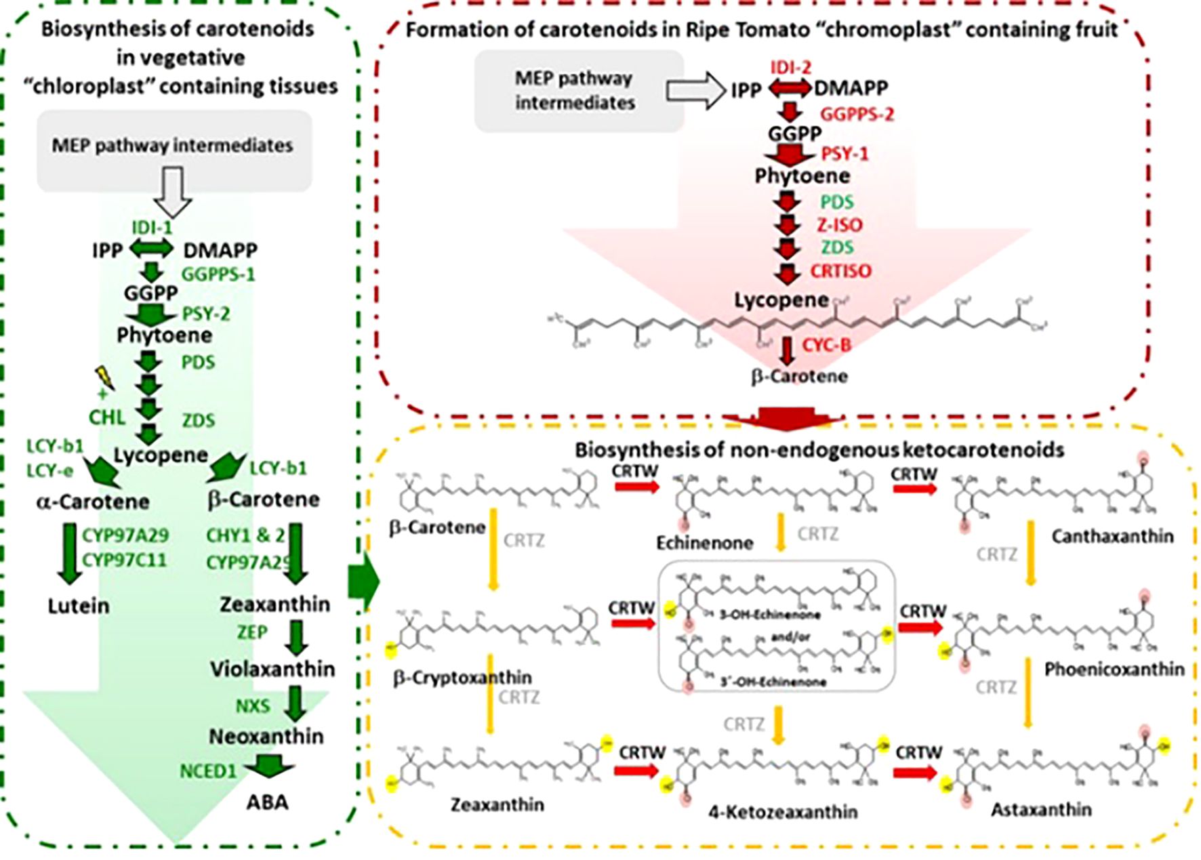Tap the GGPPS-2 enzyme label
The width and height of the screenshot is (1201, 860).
coord(857,115)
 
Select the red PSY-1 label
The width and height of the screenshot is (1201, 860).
coord(844,155)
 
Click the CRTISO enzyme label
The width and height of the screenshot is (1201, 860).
coord(840,271)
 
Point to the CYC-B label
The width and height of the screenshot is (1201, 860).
coord(826,346)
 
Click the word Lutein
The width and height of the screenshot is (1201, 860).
coord(79,606)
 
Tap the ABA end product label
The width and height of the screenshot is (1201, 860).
coord(267,802)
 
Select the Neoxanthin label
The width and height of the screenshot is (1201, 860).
coord(266,737)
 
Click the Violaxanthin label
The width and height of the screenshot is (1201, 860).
coord(272,670)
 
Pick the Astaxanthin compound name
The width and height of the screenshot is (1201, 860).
coord(1041,810)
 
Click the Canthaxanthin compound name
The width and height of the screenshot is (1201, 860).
coord(1112,537)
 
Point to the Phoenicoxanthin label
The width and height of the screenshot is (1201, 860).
coord(1114,670)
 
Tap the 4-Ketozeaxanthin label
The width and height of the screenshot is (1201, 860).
coord(783,812)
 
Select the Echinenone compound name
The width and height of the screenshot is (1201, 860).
coord(704,543)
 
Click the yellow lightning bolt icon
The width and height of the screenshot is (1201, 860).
coord(103,377)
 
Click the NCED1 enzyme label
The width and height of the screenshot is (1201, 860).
coord(208,772)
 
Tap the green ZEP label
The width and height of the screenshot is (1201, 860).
coord(252,632)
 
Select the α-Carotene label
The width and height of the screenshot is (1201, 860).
coord(92,502)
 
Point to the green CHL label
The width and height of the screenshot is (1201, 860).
coord(107,417)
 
